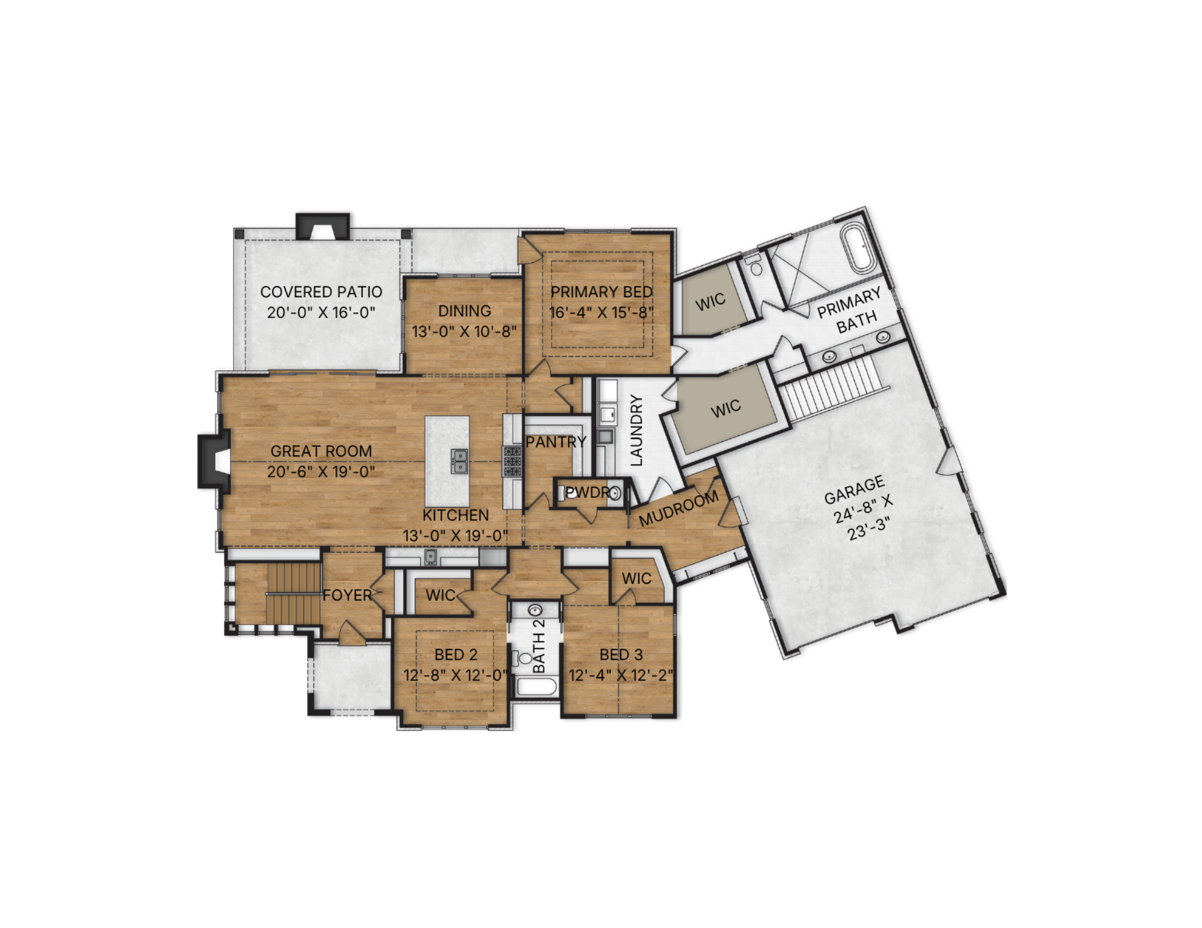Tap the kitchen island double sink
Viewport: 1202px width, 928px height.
click(460, 461)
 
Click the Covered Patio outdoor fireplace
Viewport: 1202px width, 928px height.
click(322, 226)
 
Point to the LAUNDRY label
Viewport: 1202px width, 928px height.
click(636, 430)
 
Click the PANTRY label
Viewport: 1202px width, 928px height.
click(556, 442)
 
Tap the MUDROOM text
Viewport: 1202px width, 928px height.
click(679, 508)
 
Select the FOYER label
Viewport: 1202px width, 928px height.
click(347, 595)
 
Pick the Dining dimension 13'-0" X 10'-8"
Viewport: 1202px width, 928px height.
click(464, 332)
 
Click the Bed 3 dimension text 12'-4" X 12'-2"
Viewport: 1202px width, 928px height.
click(621, 675)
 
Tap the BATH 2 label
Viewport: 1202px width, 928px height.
click(539, 645)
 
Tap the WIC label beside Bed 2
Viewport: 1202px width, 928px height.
click(441, 595)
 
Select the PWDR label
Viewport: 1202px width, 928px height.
click(588, 493)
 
